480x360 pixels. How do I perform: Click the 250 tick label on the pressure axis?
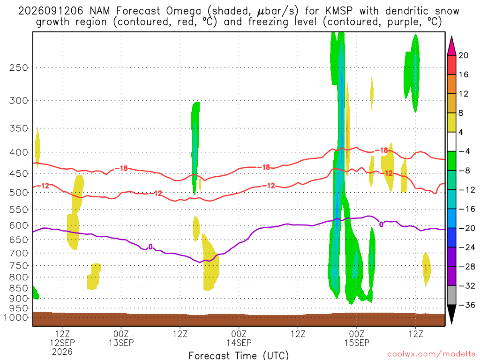tap(18, 67)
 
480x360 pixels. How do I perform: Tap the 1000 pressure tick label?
tap(15, 317)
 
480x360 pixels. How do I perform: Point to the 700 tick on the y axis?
tap(18, 253)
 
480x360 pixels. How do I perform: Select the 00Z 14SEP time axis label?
tap(239, 338)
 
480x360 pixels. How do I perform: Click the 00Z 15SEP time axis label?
tap(357, 338)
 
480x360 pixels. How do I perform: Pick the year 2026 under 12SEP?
tap(62, 352)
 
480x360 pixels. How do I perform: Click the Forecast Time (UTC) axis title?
tap(239, 355)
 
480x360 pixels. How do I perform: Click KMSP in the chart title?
tap(339, 11)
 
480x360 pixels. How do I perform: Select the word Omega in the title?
tap(184, 12)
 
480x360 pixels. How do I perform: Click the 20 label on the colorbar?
tap(463, 55)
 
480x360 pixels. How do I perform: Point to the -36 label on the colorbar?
tap(467, 305)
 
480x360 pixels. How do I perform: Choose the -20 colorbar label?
tap(467, 228)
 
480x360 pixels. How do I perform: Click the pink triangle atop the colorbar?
tap(451, 45)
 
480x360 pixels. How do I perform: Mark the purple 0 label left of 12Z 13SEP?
tap(150, 247)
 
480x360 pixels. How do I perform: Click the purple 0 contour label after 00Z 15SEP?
tap(381, 225)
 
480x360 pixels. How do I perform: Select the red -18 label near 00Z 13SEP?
tap(121, 168)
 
